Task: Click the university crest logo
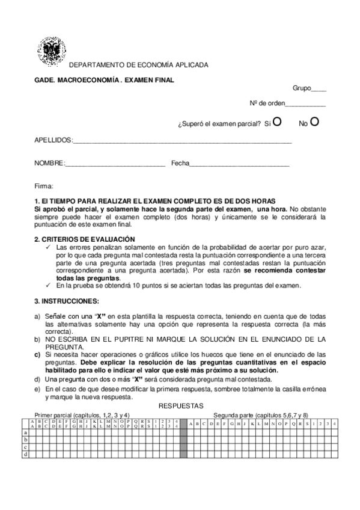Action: tap(50, 51)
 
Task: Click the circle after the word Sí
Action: tap(277, 122)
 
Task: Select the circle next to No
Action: tap(314, 122)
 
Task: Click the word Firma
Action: tap(44, 186)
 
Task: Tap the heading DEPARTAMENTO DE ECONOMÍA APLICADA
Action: tap(139, 64)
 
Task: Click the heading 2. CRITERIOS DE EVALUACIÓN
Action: tap(85, 239)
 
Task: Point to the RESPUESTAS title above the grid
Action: tap(181, 407)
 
